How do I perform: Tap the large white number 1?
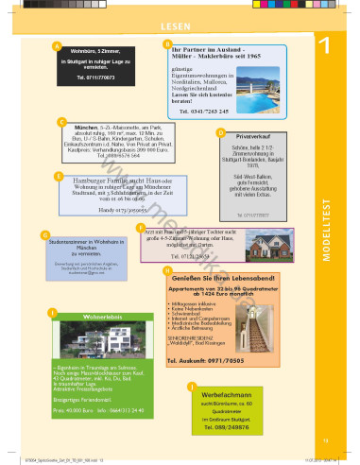323,46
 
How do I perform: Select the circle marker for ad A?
57,45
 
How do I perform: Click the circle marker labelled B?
168,43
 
